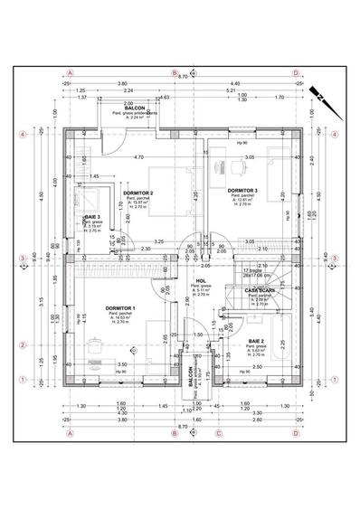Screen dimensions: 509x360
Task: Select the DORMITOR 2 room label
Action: point(139,193)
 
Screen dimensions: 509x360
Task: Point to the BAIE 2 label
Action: point(256,341)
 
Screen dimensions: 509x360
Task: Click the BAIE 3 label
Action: point(91,218)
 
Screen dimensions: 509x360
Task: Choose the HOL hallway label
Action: point(202,281)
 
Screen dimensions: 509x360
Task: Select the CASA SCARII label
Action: point(261,289)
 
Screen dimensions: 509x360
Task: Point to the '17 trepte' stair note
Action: point(251,270)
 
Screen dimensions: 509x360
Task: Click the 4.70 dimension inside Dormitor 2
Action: point(138,157)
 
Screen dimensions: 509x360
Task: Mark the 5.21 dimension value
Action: point(232,91)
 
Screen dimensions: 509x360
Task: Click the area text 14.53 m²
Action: point(120,317)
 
